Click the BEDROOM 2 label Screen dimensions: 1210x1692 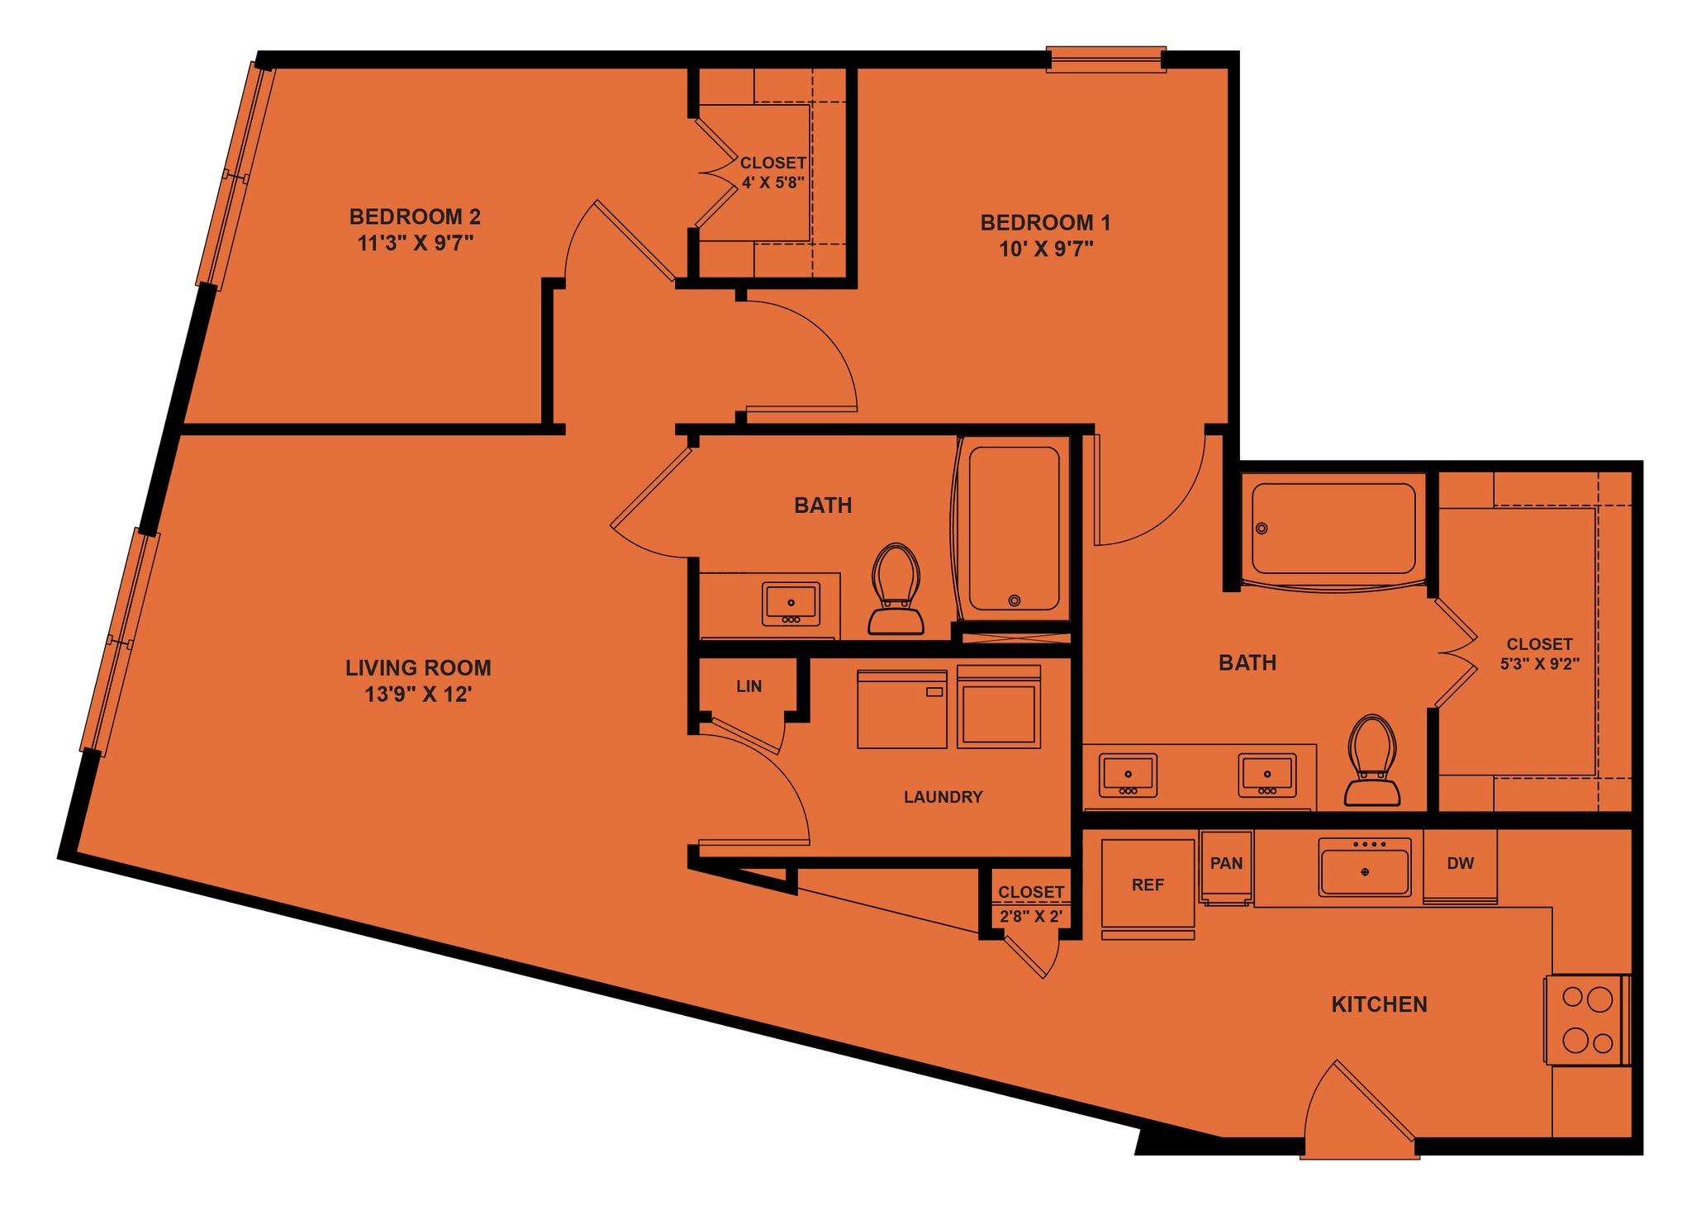(x=415, y=216)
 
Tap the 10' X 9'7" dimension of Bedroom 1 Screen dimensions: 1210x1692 (x=1046, y=249)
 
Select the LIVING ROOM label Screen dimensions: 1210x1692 (x=418, y=667)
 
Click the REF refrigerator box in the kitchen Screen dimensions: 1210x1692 (x=1148, y=885)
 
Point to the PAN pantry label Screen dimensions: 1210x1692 (x=1226, y=863)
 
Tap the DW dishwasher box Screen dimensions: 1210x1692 (x=1460, y=864)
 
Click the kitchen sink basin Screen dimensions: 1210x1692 (x=1364, y=871)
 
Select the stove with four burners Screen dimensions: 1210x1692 (x=1587, y=1021)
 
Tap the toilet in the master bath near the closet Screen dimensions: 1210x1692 (x=1371, y=761)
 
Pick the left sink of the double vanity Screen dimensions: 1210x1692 (x=1128, y=775)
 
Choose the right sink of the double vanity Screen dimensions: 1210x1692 (x=1267, y=775)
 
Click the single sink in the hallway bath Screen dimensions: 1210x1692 (x=791, y=604)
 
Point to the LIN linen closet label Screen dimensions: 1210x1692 (x=749, y=686)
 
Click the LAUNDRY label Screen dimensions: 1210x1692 (x=943, y=797)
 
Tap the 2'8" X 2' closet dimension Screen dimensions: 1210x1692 (x=1030, y=917)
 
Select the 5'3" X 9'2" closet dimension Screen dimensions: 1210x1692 (x=1539, y=664)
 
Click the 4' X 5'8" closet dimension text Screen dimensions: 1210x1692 (x=772, y=183)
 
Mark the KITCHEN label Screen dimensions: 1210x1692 (x=1379, y=1004)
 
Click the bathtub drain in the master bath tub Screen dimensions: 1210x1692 (x=1262, y=529)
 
